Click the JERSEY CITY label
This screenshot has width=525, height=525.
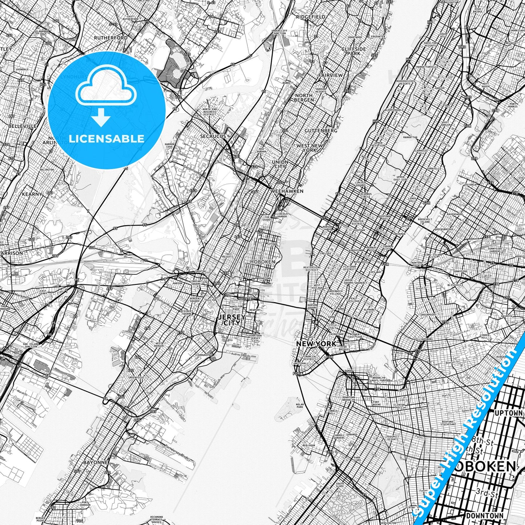[231, 320]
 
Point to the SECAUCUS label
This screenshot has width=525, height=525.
[213, 136]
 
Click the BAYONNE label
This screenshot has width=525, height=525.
[96, 463]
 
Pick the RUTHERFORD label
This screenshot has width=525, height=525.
[111, 38]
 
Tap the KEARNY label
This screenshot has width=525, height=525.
[32, 194]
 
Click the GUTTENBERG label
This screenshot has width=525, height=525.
[321, 130]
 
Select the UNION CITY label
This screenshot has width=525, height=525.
[280, 164]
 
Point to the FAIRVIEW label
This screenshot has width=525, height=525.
[331, 75]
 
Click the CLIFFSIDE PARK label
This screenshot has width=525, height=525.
[354, 51]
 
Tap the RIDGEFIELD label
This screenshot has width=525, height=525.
[311, 17]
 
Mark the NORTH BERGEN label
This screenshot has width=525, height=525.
[304, 97]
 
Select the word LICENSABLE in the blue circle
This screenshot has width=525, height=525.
[106, 138]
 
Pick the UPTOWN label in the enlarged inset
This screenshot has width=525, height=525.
[509, 413]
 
